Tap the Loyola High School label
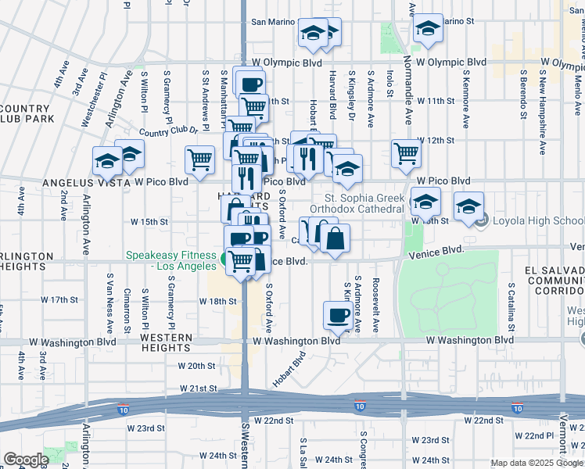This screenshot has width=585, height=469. (x=537, y=220)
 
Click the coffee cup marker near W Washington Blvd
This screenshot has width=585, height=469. (x=337, y=315)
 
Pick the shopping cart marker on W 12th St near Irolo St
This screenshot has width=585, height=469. (x=407, y=154)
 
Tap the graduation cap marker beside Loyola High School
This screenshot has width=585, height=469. (x=468, y=206)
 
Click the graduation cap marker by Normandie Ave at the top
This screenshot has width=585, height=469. (x=427, y=29)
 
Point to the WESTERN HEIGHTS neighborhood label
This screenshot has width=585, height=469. (x=166, y=342)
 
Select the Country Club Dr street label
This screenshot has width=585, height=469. (x=163, y=133)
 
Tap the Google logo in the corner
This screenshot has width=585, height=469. (x=26, y=460)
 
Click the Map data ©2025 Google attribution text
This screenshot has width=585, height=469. (x=535, y=463)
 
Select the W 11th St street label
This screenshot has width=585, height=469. (x=435, y=102)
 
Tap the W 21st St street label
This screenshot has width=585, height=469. (x=197, y=388)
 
